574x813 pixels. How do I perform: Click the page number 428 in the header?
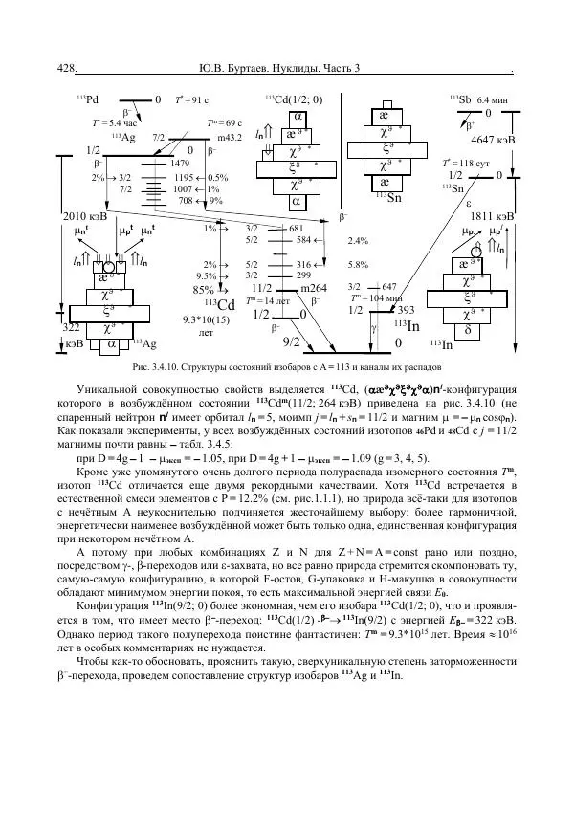[x=66, y=69]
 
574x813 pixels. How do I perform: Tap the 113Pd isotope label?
[x=87, y=99]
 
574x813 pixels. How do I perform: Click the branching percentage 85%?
[x=203, y=289]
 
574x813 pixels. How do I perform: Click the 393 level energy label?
[x=405, y=310]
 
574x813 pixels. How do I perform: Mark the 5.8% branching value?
[x=358, y=264]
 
